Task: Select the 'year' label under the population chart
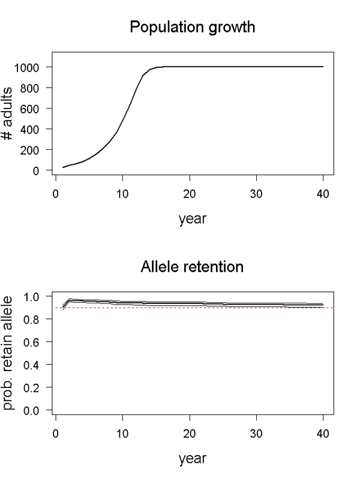pos(193,219)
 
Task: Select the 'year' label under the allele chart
pos(193,459)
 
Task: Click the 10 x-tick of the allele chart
pos(122,433)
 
